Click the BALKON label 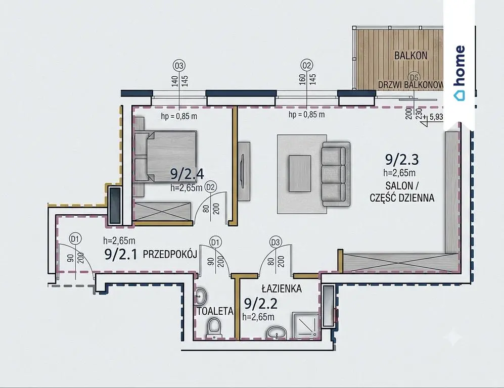tap(411, 55)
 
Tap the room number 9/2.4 tap(187, 174)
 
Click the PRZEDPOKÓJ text tap(170, 255)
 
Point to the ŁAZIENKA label tap(282, 289)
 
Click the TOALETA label tap(215, 311)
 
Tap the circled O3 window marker tap(179, 66)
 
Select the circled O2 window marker tap(307, 66)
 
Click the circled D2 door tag tap(211, 187)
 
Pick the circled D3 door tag tap(276, 242)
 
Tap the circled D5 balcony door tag tap(414, 77)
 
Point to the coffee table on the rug tap(300, 173)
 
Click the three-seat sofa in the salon tap(336, 174)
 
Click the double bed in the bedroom tap(165, 157)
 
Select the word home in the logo tap(460, 66)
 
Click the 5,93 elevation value tap(436, 117)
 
